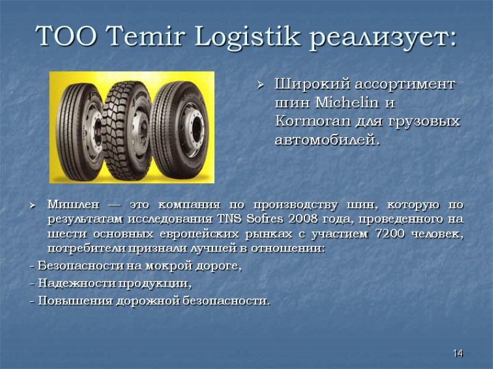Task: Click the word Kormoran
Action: [x=310, y=121]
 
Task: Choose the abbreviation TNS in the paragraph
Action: [x=229, y=219]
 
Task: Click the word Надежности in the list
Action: [x=67, y=284]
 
